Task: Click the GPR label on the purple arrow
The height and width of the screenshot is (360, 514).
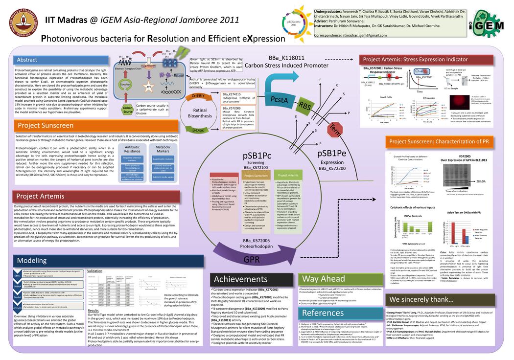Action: pos(252,259)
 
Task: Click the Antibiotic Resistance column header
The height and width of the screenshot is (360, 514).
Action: pos(132,149)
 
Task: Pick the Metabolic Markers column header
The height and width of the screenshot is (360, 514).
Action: pos(163,149)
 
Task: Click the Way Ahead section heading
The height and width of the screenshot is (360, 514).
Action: pos(324,279)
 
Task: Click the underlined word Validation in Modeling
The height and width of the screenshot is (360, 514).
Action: pos(94,270)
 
